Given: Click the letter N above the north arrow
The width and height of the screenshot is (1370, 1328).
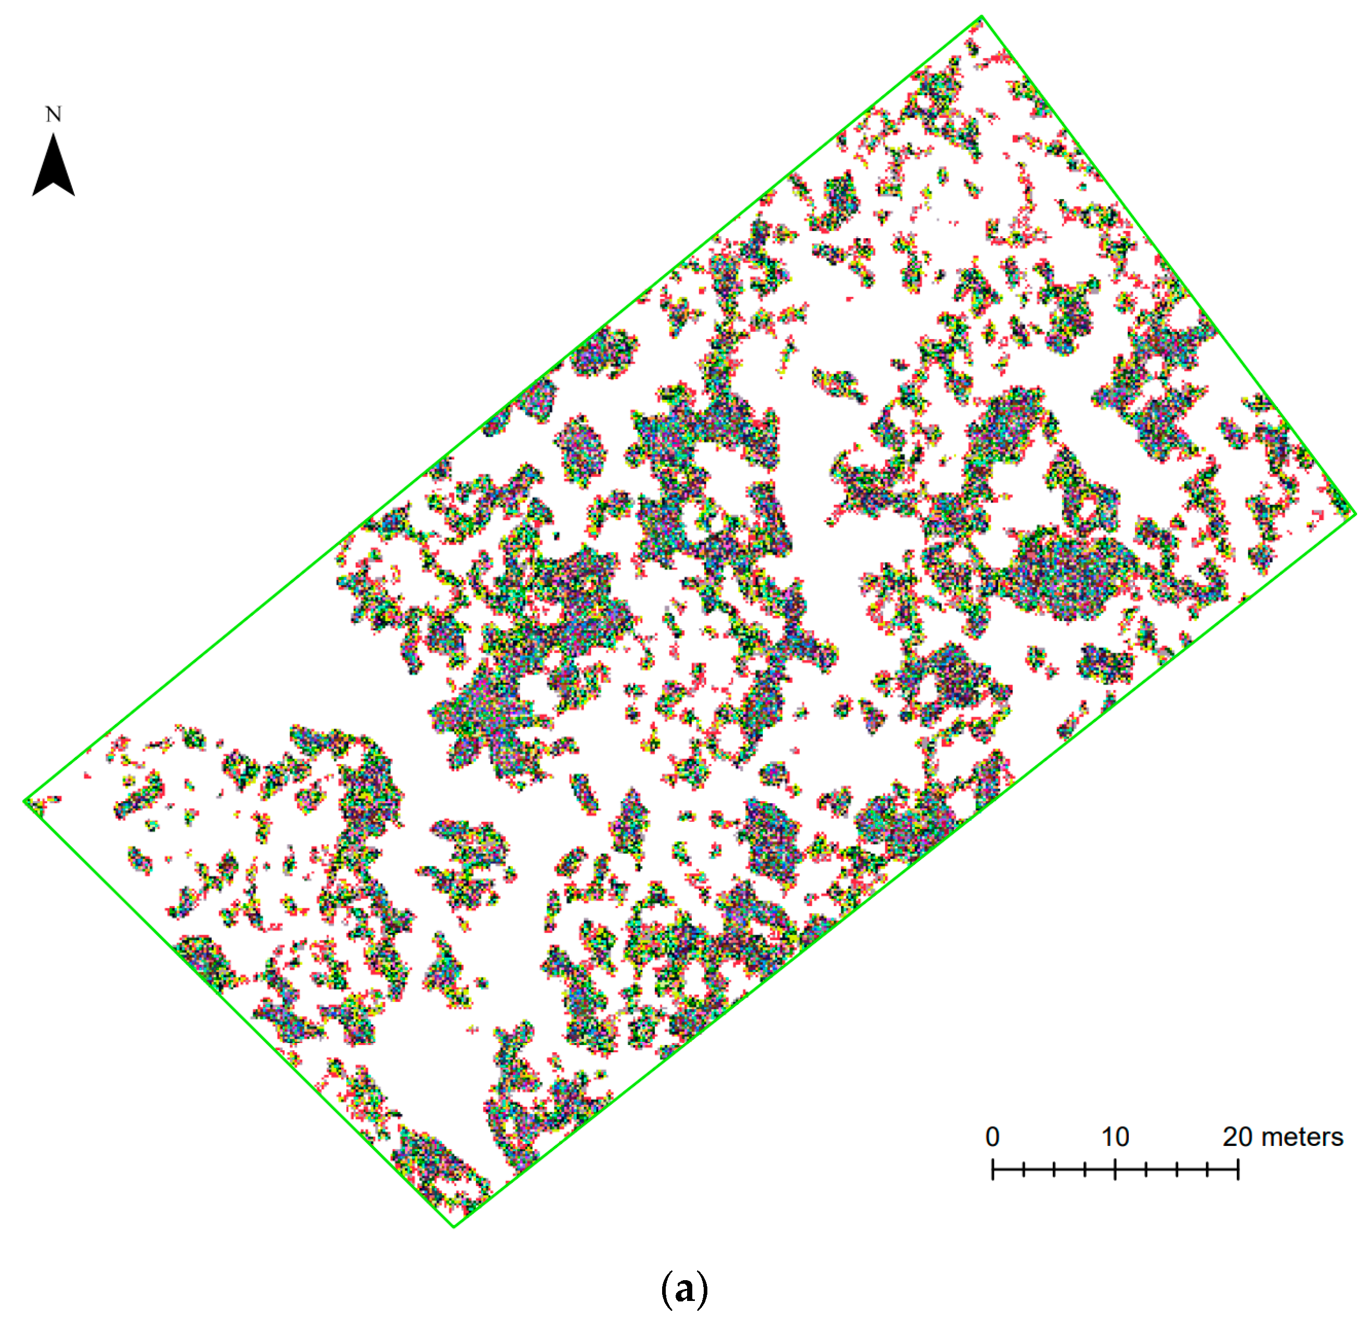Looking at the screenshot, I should (x=54, y=114).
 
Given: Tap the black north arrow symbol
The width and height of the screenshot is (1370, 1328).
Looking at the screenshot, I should (x=54, y=167).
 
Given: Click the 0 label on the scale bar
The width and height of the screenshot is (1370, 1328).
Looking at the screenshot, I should (x=992, y=1137).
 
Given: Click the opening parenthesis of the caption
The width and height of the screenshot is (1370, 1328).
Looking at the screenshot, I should (x=665, y=1289).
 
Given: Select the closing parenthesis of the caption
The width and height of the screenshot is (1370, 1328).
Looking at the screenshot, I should (x=703, y=1289).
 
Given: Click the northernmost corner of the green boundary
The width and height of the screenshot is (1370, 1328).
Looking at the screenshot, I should (x=981, y=16).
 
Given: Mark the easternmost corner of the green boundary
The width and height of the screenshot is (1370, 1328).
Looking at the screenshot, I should (x=1355, y=514).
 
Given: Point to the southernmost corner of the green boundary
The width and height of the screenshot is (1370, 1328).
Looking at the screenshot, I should (x=454, y=1226).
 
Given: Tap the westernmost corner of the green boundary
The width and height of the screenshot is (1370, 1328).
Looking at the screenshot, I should (x=25, y=801).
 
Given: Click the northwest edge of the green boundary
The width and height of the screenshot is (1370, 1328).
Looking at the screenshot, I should (x=503, y=409).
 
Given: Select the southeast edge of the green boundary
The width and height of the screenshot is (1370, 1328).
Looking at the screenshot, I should (x=904, y=870).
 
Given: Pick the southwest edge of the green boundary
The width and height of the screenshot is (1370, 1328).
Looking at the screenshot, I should (x=239, y=1013).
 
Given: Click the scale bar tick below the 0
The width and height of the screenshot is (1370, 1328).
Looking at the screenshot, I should (x=992, y=1169).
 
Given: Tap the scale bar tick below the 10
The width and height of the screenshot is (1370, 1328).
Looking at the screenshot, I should (x=1115, y=1169).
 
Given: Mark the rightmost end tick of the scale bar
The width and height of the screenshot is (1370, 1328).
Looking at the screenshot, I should (x=1238, y=1169).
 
